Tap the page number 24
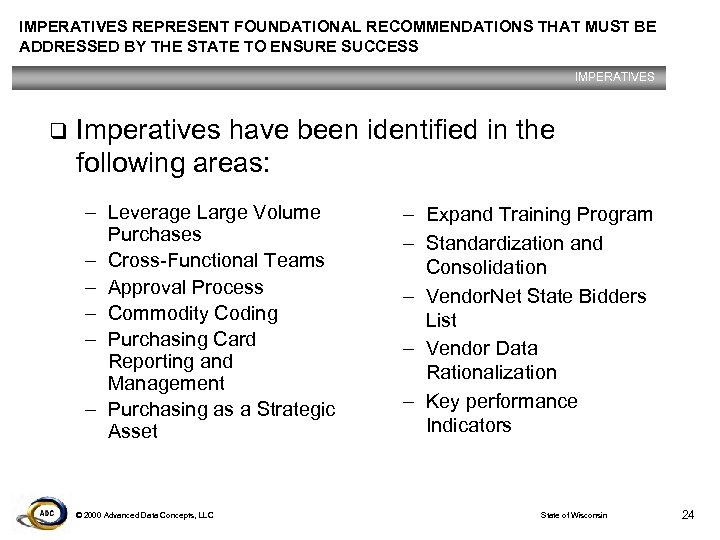(687, 514)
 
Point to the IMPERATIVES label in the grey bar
(615, 77)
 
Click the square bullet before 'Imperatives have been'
(58, 131)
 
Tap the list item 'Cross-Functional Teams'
(215, 261)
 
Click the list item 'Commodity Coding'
(192, 313)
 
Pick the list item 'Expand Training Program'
(539, 215)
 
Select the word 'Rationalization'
(491, 373)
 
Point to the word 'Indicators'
(469, 426)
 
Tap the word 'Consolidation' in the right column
(486, 267)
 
